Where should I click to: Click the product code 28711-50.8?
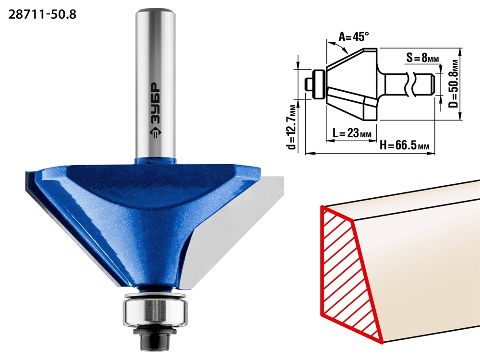(x=42, y=14)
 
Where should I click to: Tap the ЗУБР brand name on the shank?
(x=155, y=103)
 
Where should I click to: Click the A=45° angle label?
(x=354, y=37)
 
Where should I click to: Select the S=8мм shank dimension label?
(x=427, y=58)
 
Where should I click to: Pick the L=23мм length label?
(x=352, y=133)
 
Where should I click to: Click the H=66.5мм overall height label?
(x=404, y=144)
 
